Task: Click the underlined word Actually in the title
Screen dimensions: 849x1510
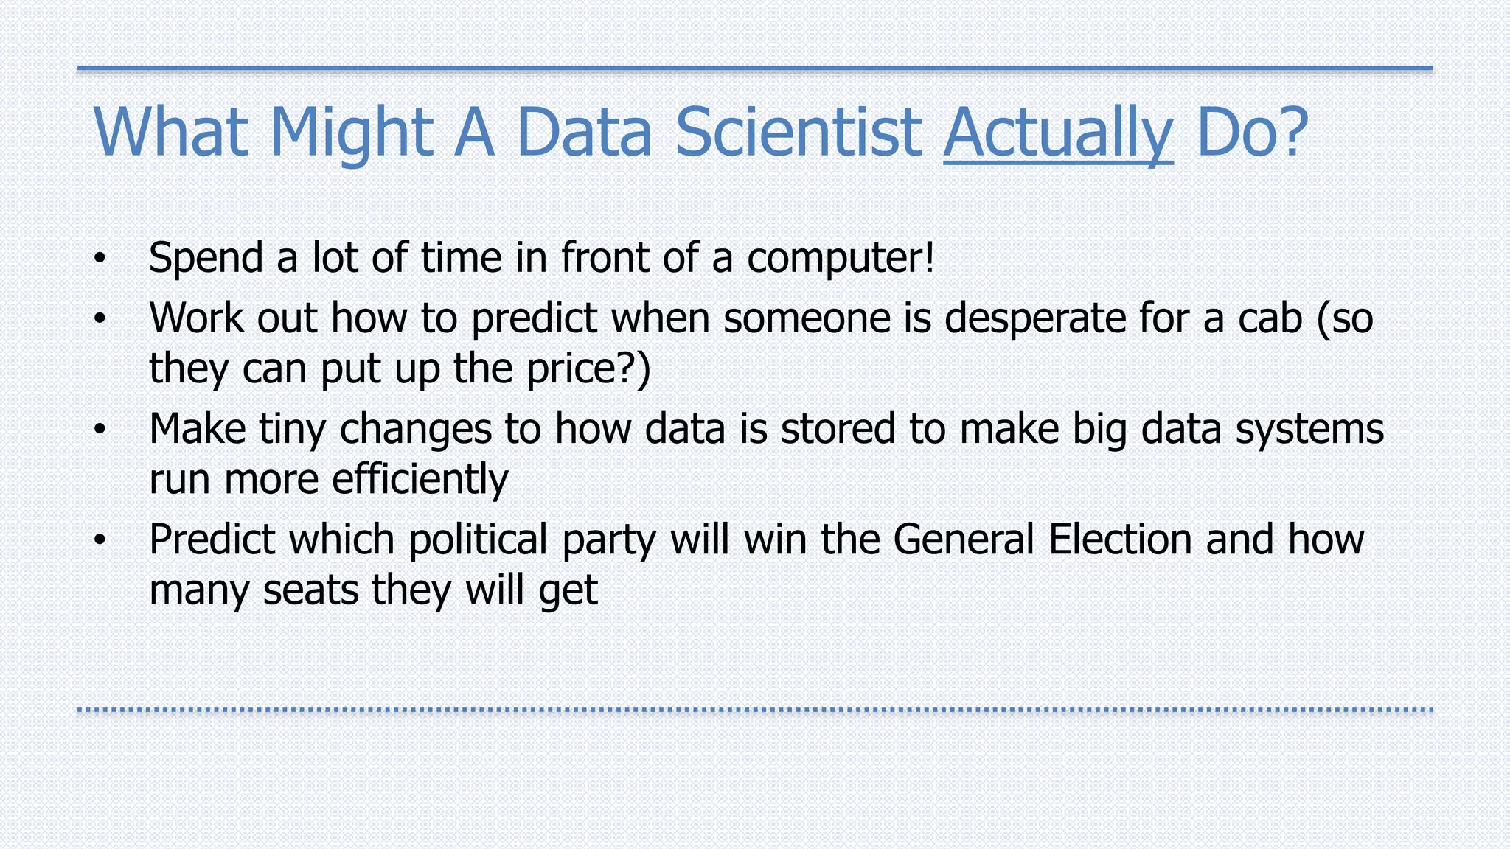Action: coord(1058,133)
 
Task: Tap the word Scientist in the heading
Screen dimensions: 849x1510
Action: coord(798,133)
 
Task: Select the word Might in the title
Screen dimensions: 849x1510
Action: coord(352,133)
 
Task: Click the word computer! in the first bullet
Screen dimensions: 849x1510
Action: coord(841,258)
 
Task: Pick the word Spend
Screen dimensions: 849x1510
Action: coord(206,258)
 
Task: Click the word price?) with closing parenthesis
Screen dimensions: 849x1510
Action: coord(588,368)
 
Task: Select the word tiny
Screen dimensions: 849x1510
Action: coord(292,429)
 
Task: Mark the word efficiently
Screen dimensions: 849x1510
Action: coord(420,480)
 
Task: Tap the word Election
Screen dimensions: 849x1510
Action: coord(1120,539)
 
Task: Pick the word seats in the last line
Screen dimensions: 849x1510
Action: coord(310,590)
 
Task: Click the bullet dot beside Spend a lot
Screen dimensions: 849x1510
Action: coord(100,259)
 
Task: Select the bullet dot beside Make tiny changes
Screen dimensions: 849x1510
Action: coord(100,430)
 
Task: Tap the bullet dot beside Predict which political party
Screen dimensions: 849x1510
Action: coord(100,541)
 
